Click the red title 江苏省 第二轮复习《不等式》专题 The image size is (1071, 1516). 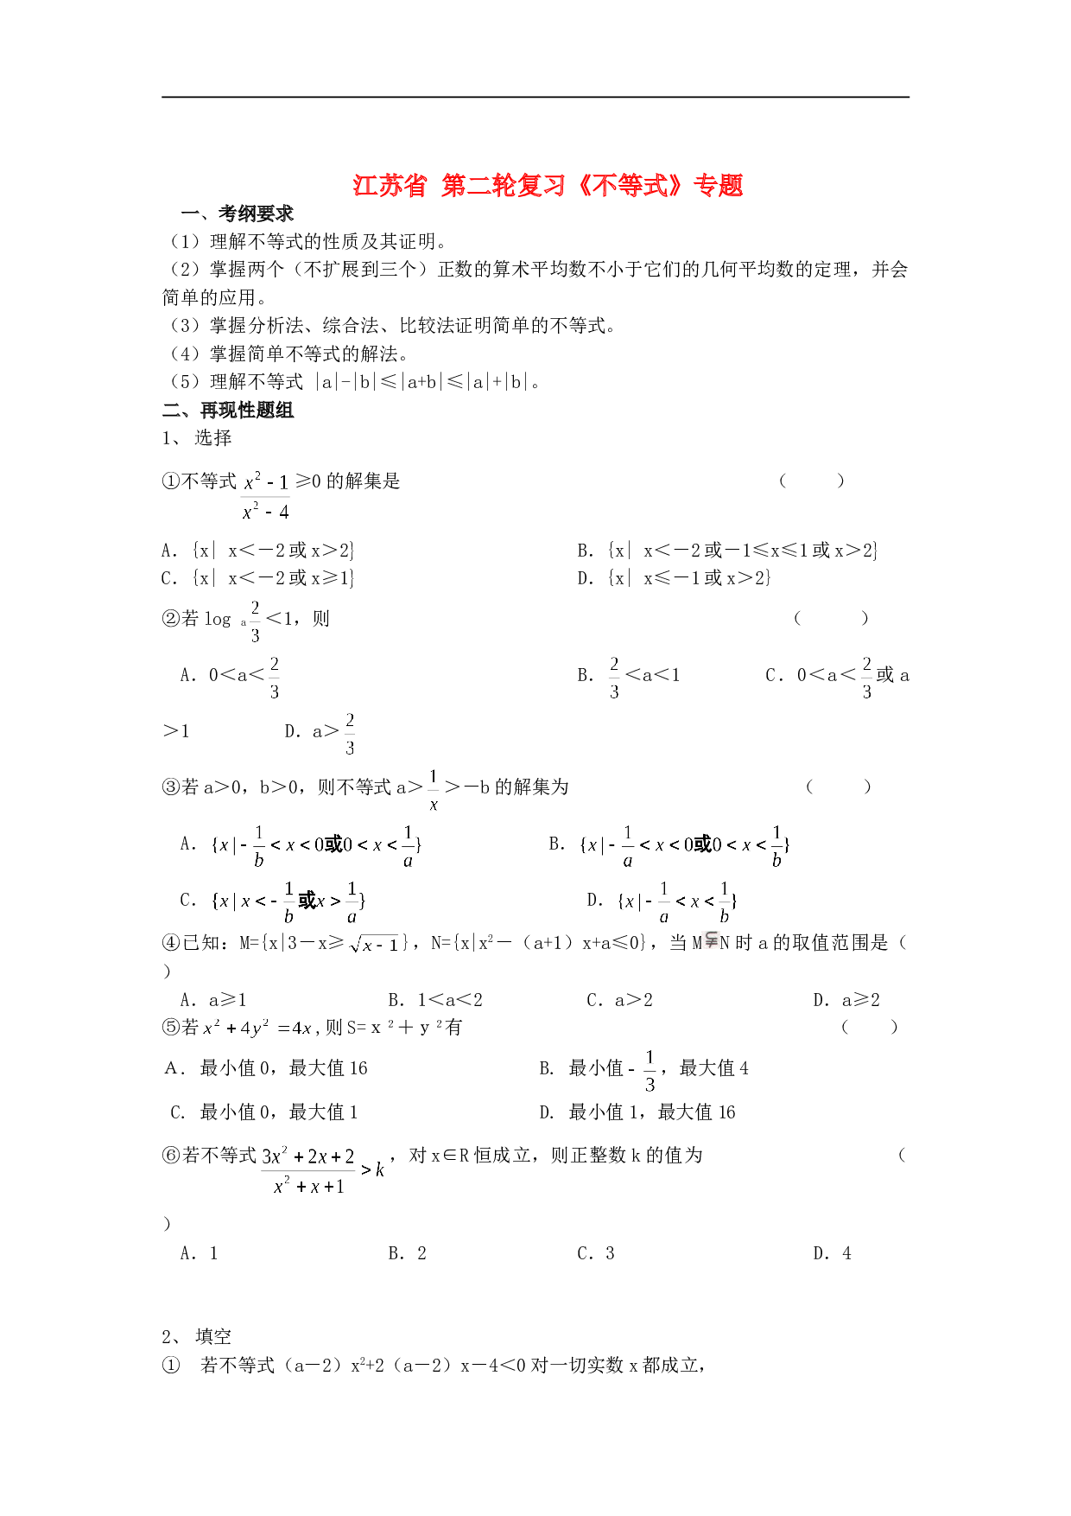(548, 186)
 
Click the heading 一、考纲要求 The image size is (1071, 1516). (238, 213)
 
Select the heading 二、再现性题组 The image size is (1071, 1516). (228, 411)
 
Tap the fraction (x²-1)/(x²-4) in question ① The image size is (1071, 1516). (266, 496)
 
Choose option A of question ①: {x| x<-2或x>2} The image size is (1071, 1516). (257, 551)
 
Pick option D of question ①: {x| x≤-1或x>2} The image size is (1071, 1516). (674, 578)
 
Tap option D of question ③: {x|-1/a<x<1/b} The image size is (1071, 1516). (662, 901)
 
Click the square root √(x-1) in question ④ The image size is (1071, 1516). (374, 945)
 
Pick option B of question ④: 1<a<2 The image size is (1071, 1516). (435, 1000)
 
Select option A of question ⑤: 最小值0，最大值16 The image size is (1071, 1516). (266, 1068)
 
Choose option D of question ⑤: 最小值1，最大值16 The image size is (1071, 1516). (637, 1112)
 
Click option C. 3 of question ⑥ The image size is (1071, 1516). (596, 1253)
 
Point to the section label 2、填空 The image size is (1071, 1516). (197, 1336)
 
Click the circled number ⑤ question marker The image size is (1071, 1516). (170, 1027)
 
